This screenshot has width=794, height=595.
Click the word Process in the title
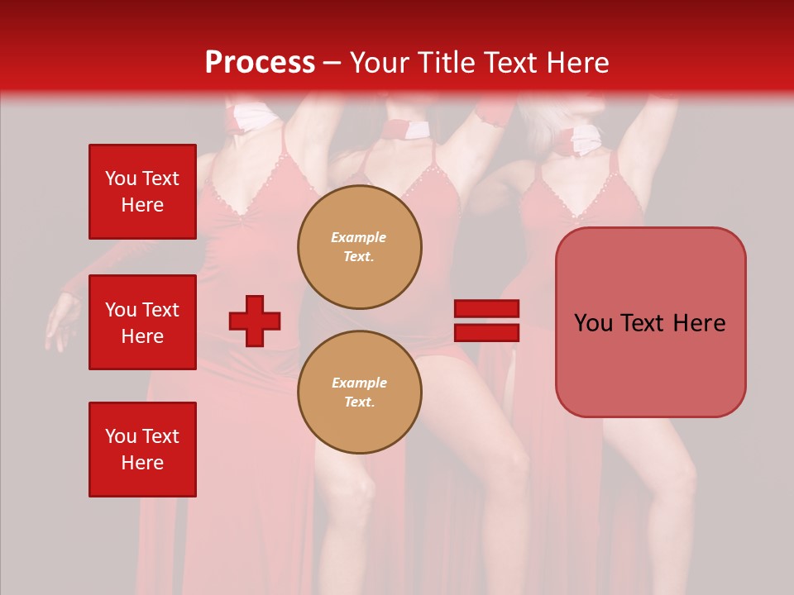pyautogui.click(x=260, y=63)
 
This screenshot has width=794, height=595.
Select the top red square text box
pyautogui.click(x=142, y=192)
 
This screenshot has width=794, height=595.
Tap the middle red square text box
pyautogui.click(x=142, y=322)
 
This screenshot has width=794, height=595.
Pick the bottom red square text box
pyautogui.click(x=142, y=450)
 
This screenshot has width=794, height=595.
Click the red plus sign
pyautogui.click(x=255, y=321)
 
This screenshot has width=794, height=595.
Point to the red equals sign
pyautogui.click(x=486, y=321)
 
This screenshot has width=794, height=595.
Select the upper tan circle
pyautogui.click(x=360, y=246)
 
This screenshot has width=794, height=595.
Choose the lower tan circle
pyautogui.click(x=360, y=392)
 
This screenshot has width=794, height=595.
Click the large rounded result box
pyautogui.click(x=650, y=322)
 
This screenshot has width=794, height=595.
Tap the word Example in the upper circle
pyautogui.click(x=359, y=237)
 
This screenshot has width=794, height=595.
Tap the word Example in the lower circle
pyautogui.click(x=359, y=383)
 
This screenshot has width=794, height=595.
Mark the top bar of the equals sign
pyautogui.click(x=486, y=309)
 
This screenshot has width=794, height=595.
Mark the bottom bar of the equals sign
pyautogui.click(x=486, y=332)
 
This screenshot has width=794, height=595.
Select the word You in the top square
pyautogui.click(x=121, y=178)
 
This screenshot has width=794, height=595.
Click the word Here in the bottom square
pyautogui.click(x=142, y=463)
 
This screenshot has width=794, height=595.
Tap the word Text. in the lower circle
pyautogui.click(x=359, y=402)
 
